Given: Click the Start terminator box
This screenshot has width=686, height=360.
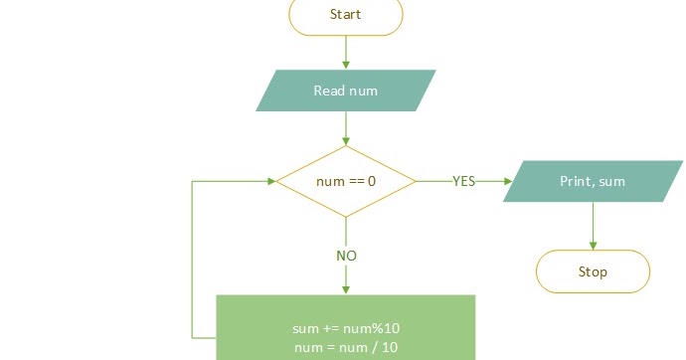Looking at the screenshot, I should click(x=345, y=15).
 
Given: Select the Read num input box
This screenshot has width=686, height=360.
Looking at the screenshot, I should click(x=345, y=90).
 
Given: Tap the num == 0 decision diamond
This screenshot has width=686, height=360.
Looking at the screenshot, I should click(x=345, y=182).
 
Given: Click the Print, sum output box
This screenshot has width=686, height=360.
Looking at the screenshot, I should click(x=593, y=182).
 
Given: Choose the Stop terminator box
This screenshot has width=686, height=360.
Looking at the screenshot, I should click(x=593, y=271).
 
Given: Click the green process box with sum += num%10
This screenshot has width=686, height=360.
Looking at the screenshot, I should click(x=345, y=327).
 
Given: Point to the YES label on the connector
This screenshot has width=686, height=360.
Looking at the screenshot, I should click(x=463, y=181).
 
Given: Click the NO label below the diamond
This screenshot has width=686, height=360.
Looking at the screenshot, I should click(x=345, y=256).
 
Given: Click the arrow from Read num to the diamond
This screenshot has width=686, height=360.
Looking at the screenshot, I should click(x=345, y=128).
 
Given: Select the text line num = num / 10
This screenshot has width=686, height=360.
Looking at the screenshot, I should click(x=345, y=347).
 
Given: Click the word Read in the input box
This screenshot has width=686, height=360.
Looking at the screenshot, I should click(x=329, y=90).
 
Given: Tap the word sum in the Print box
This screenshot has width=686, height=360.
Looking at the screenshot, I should click(x=613, y=182).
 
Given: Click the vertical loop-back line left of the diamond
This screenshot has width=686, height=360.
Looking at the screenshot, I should click(x=192, y=259).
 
